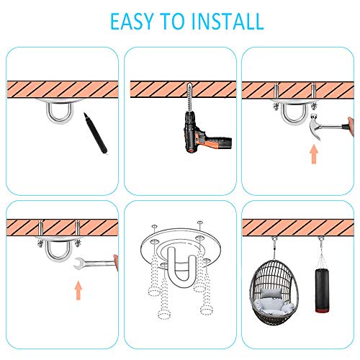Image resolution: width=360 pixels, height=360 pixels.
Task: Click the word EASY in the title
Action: pos(132,22)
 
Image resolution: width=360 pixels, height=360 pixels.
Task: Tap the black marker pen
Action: pos(96,133)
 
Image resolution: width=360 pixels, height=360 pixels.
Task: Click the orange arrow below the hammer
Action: pos(314,154)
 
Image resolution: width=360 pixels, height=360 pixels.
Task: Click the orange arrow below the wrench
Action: pos(78,290)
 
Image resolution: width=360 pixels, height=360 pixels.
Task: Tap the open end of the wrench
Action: pos(78,263)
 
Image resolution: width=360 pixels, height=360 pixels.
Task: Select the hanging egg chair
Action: pos(274,292)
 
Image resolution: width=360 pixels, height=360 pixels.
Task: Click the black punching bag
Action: pos(322,290)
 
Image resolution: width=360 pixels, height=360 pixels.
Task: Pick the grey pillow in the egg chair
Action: pos(271,294)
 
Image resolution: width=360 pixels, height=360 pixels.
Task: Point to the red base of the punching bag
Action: pos(322,311)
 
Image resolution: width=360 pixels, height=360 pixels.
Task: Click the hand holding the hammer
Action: pos(351,126)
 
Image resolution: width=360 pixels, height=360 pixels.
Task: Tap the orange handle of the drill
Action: pos(204,142)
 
